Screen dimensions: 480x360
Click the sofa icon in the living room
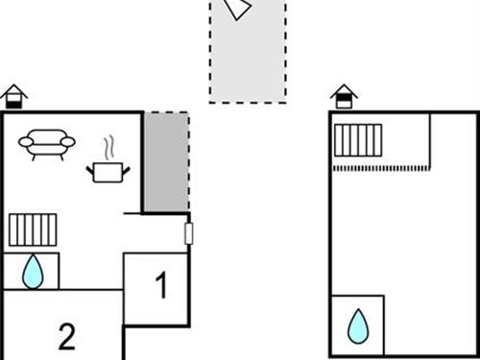tap(46, 144)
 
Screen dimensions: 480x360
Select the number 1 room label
tap(161, 285)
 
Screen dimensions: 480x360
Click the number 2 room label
tap(66, 336)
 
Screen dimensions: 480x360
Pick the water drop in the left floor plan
tap(34, 271)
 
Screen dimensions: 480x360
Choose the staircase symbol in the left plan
tap(33, 230)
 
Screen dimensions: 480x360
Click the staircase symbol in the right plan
tap(358, 140)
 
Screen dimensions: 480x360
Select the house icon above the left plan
tap(13, 95)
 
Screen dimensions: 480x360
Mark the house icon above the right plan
tap(344, 95)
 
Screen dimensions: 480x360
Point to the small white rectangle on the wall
tap(189, 232)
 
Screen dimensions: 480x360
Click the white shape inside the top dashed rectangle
tap(236, 9)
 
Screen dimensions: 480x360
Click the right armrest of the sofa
tap(68, 143)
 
